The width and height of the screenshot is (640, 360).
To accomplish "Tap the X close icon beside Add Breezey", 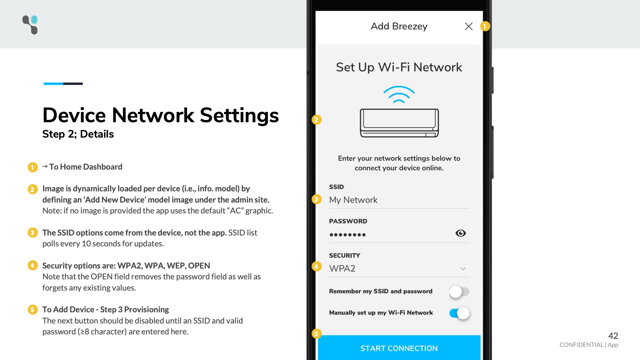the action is [468, 26].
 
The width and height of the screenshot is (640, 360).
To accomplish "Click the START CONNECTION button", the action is [399, 348].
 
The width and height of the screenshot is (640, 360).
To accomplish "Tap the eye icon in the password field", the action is [460, 233].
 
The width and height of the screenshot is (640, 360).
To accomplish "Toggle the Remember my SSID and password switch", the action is [459, 292].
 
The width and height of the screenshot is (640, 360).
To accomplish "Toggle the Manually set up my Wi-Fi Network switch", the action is [459, 313].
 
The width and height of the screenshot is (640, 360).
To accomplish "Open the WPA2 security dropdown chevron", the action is [463, 269].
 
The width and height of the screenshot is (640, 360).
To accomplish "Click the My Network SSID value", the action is [353, 200].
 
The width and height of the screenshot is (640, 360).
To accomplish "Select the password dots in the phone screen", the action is [348, 235].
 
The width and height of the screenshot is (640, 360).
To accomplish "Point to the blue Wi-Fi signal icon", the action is [399, 94].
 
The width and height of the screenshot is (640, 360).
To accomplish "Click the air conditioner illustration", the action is [399, 123].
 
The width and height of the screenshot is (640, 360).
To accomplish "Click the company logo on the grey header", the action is [30, 25].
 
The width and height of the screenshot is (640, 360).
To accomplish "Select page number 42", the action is [613, 336].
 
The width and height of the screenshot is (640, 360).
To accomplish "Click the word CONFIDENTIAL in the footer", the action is [581, 345].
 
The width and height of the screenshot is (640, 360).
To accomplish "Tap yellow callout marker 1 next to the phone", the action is [485, 26].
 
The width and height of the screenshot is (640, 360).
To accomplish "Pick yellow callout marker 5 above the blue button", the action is [316, 334].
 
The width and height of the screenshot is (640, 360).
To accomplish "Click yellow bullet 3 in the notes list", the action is [32, 233].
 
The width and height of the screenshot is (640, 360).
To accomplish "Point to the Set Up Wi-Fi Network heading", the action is [399, 67].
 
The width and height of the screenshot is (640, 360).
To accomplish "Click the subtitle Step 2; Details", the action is [78, 134].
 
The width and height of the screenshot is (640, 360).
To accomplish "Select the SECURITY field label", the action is [345, 255].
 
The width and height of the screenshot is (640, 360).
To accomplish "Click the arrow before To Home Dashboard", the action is [45, 166].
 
